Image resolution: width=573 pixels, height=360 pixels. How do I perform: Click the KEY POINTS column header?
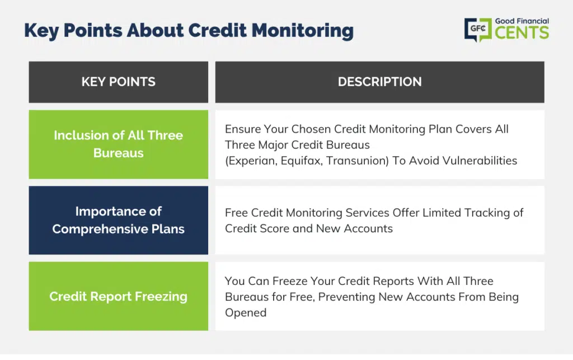pyautogui.click(x=119, y=82)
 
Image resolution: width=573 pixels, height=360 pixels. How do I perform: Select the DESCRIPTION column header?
pyautogui.click(x=380, y=82)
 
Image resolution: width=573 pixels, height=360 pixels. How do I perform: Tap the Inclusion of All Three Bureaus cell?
pyautogui.click(x=119, y=144)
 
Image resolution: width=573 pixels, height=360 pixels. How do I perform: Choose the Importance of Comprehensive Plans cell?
pyautogui.click(x=119, y=220)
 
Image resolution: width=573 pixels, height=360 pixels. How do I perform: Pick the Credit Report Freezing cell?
pyautogui.click(x=119, y=296)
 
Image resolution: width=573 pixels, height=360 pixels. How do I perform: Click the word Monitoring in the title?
pyautogui.click(x=303, y=31)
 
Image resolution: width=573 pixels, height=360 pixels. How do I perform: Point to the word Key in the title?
pyautogui.click(x=41, y=31)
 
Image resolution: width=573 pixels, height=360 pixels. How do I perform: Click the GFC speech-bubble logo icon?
pyautogui.click(x=478, y=29)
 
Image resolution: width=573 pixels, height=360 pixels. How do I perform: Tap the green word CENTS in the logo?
pyautogui.click(x=522, y=32)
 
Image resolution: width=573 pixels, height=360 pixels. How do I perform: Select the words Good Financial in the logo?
pyautogui.click(x=522, y=21)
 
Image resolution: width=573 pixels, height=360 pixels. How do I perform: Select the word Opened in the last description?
pyautogui.click(x=246, y=313)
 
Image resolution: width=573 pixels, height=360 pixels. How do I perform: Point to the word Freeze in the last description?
pyautogui.click(x=290, y=281)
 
